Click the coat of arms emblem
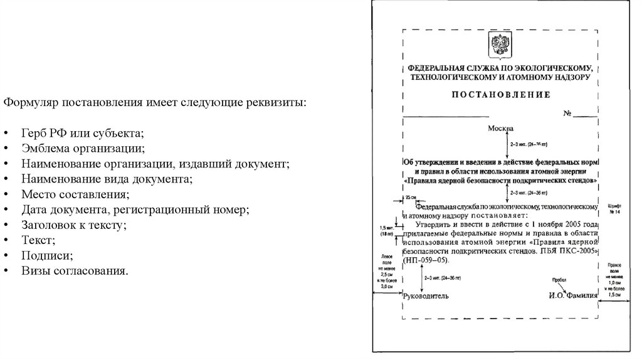[500, 46]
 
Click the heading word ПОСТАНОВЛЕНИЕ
[500, 95]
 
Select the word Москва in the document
[500, 128]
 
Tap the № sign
[568, 114]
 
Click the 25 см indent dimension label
[411, 198]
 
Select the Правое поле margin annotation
[614, 280]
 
